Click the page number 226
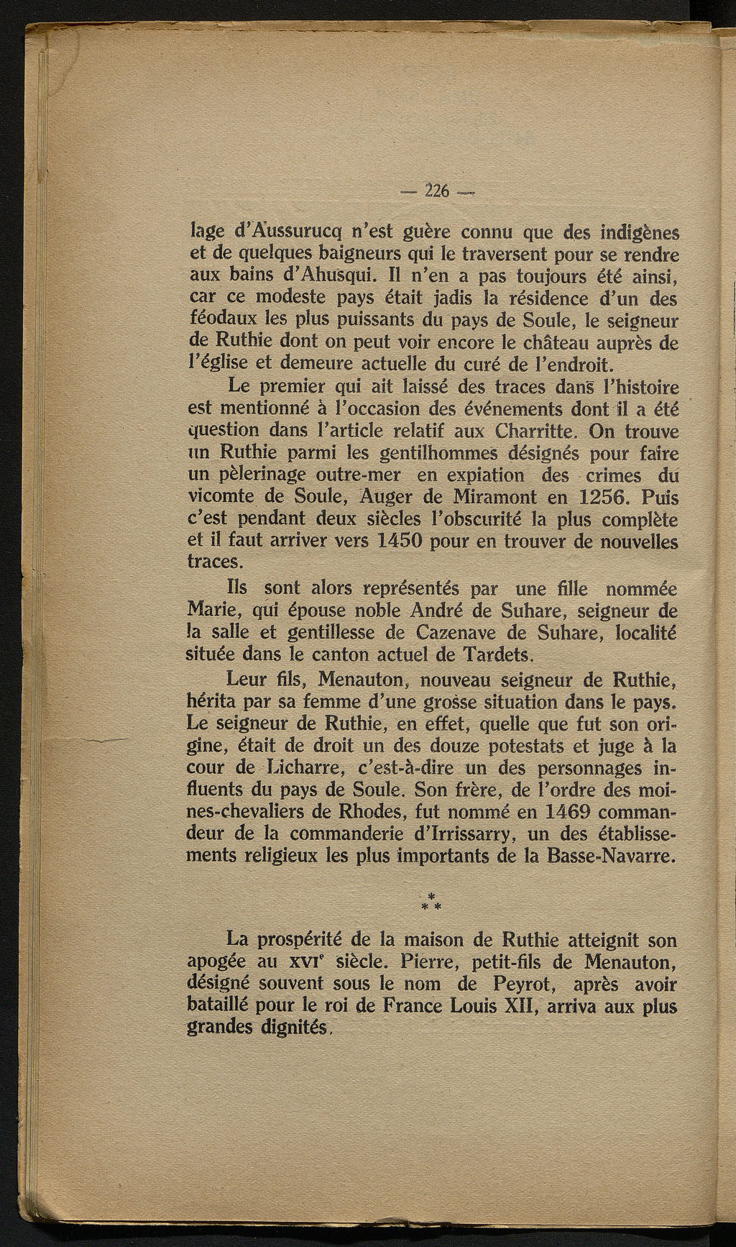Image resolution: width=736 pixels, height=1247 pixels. point(436,191)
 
